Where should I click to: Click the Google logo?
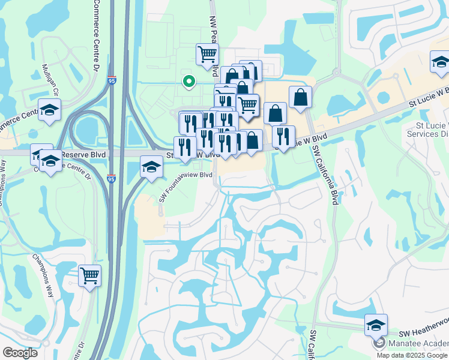click(20, 353)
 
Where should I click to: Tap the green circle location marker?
click(188, 81)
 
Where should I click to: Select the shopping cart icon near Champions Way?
click(89, 276)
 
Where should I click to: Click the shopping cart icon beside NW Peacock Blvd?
click(207, 54)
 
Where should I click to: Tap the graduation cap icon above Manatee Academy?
click(376, 325)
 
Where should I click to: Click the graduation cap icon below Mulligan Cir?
click(50, 110)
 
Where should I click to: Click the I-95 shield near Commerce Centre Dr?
click(112, 79)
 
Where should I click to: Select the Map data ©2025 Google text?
click(412, 355)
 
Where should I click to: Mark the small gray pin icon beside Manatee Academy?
click(379, 343)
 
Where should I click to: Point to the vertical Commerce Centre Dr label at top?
click(96, 30)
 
